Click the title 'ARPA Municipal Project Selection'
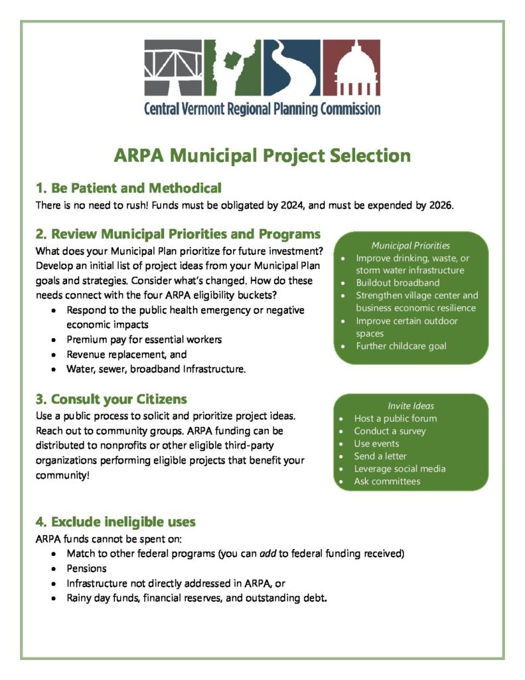tap(262, 155)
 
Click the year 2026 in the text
tap(439, 205)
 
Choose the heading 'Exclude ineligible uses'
tap(123, 521)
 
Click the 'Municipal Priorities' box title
tap(410, 245)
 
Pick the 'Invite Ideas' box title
tap(411, 406)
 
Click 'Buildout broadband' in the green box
tap(398, 283)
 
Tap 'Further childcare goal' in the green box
tap(401, 346)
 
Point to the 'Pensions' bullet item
tap(86, 569)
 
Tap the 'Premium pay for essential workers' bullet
tap(144, 339)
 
